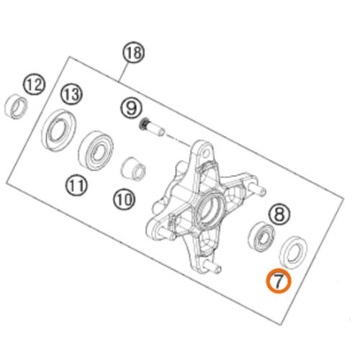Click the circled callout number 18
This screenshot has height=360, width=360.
(134, 53)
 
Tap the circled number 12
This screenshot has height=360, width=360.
(35, 84)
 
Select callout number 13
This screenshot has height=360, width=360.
(71, 94)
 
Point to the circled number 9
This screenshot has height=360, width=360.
(132, 108)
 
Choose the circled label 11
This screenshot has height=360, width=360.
(77, 185)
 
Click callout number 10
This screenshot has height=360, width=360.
(125, 199)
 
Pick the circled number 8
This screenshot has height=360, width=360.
(279, 214)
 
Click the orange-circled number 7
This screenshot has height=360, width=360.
(279, 282)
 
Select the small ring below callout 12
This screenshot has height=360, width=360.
(16, 107)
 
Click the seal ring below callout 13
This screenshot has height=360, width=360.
(59, 130)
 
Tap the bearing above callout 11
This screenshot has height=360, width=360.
(96, 150)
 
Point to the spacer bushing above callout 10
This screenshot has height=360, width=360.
(132, 169)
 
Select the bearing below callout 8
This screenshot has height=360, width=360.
(261, 237)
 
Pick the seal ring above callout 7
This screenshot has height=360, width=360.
(294, 252)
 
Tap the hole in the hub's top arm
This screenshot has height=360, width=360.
(204, 151)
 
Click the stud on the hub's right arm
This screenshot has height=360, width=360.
(258, 190)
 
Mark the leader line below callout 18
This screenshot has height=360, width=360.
(122, 72)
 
